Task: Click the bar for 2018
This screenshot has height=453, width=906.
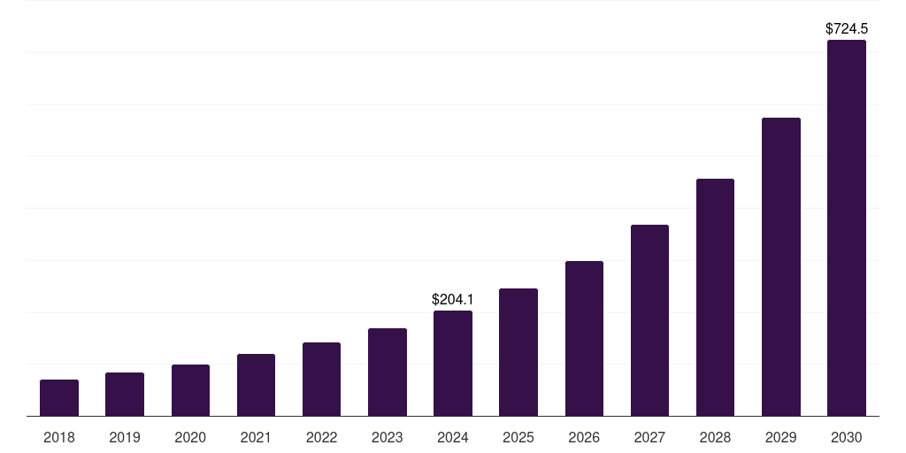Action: [x=59, y=398]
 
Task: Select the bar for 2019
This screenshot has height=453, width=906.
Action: [x=125, y=395]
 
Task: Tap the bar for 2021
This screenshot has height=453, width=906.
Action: [x=256, y=385]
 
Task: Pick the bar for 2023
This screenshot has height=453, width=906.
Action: [x=388, y=372]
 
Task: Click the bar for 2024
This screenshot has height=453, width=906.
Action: [x=453, y=364]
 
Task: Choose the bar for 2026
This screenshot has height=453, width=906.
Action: [x=584, y=339]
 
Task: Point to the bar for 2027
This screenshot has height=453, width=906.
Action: [x=649, y=320]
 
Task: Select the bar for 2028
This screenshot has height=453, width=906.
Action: [x=715, y=297]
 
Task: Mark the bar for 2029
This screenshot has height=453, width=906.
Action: [x=780, y=267]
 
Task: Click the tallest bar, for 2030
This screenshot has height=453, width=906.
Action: [x=847, y=228]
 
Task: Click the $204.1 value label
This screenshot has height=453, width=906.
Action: [x=453, y=300]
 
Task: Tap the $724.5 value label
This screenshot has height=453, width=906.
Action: [x=847, y=29]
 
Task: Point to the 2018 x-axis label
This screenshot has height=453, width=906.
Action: [x=59, y=437]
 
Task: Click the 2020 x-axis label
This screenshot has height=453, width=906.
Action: [x=190, y=437]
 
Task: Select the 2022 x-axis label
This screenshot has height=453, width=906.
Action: [x=321, y=437]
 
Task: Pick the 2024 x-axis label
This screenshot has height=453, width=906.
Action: [x=453, y=437]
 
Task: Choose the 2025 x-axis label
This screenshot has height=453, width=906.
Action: [x=518, y=437]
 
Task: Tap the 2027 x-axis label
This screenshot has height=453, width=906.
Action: [x=649, y=437]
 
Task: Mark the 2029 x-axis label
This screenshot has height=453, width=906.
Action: [x=780, y=437]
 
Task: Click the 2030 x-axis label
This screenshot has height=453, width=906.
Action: [x=847, y=437]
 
